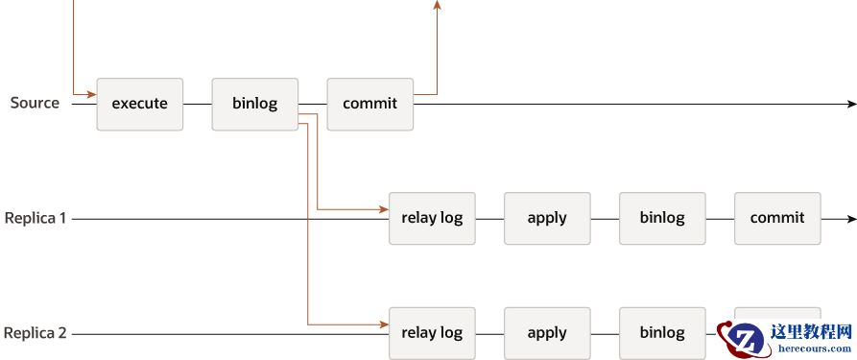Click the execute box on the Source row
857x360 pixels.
pos(139,104)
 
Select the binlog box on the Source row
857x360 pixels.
pos(254,104)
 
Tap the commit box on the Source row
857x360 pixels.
pos(369,104)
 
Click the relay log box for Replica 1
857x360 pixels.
pos(431,218)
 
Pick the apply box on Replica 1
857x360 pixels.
pos(547,218)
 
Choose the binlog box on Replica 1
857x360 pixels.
pos(662,218)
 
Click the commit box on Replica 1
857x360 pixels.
pos(777,218)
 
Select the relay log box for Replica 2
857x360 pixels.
pos(431,333)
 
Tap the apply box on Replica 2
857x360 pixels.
pos(547,333)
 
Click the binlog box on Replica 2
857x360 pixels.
pos(662,333)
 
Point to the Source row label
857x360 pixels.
pos(35,103)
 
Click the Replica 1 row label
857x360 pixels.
pos(36,218)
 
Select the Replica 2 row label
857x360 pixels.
pos(36,333)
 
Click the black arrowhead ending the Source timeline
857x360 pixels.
pos(851,104)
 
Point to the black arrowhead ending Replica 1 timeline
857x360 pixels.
pos(851,219)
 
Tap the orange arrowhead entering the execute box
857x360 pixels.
pos(91,94)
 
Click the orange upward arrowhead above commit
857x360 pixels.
pos(438,5)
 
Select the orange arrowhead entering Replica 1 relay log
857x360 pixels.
pos(383,209)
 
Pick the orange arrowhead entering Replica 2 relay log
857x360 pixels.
pos(383,324)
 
